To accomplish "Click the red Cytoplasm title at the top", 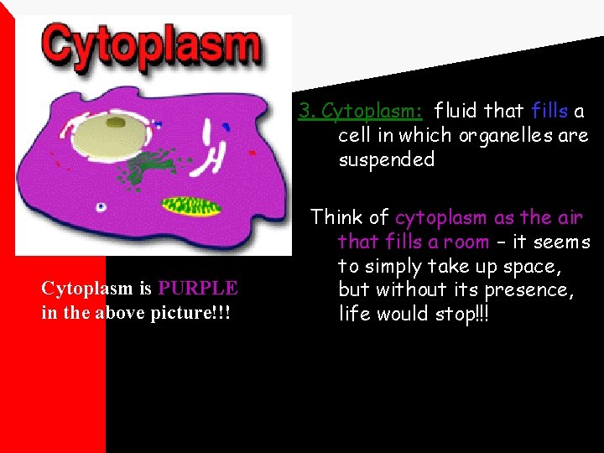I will pyautogui.click(x=151, y=47).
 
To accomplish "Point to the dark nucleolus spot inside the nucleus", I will pyautogui.click(x=115, y=124).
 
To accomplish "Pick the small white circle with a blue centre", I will pyautogui.click(x=102, y=206).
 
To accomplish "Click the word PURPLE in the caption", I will pyautogui.click(x=198, y=289).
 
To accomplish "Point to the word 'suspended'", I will pyautogui.click(x=386, y=159).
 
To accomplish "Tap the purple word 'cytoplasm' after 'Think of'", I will pyautogui.click(x=440, y=217).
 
